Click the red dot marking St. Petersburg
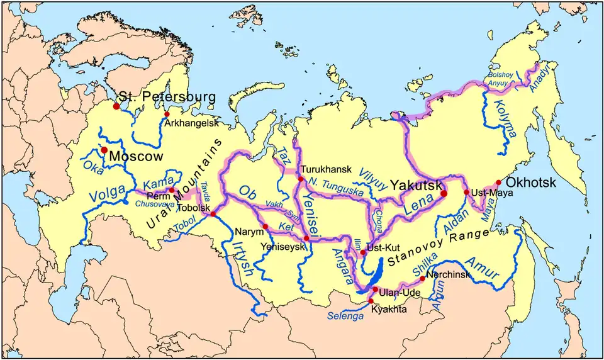point(116,106)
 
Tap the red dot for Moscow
point(104,150)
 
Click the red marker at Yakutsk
point(443,194)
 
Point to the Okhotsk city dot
point(499,182)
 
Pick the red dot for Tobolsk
point(213,215)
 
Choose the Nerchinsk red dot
point(422,278)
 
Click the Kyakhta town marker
point(371,301)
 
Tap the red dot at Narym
point(266,227)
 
